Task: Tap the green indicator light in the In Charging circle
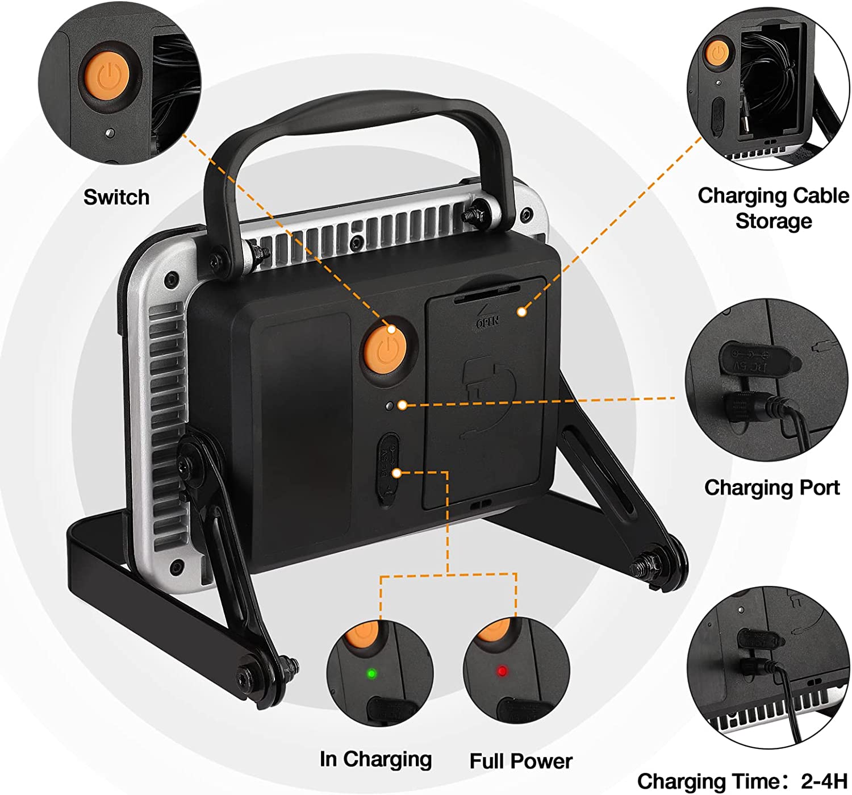tap(372, 674)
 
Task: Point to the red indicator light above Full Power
tap(502, 671)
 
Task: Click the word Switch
tap(116, 197)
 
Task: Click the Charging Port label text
tap(771, 488)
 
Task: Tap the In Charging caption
tap(375, 759)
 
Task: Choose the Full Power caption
tap(521, 761)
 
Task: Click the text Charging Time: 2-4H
tap(742, 781)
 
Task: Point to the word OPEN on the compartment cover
tap(487, 322)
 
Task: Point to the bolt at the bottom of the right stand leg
tap(648, 565)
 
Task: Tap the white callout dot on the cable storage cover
tap(521, 311)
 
